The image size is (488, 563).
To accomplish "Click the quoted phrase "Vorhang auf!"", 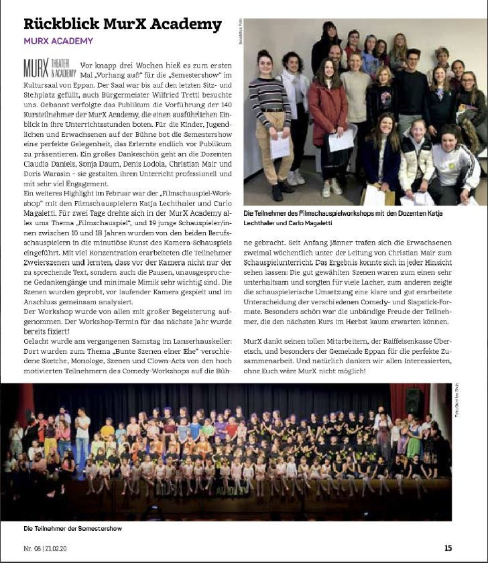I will pos(121,76).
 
